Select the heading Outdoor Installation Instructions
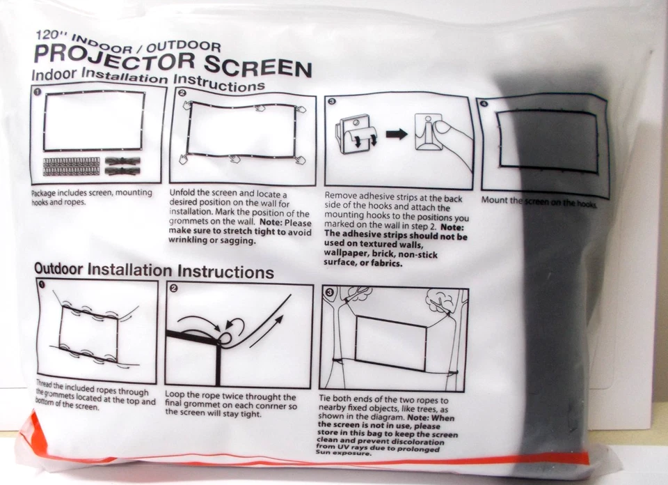tap(154, 270)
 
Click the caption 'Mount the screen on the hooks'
tap(539, 202)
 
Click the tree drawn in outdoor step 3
tap(443, 301)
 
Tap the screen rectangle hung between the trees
tap(390, 342)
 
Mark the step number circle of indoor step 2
tap(182, 93)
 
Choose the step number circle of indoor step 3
tap(331, 102)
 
